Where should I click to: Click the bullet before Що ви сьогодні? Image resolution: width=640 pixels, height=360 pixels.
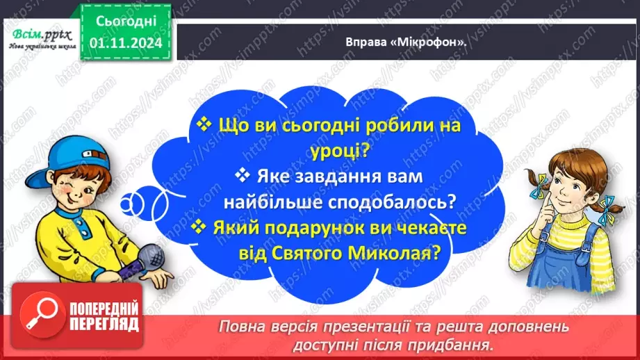pyautogui.click(x=204, y=124)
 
